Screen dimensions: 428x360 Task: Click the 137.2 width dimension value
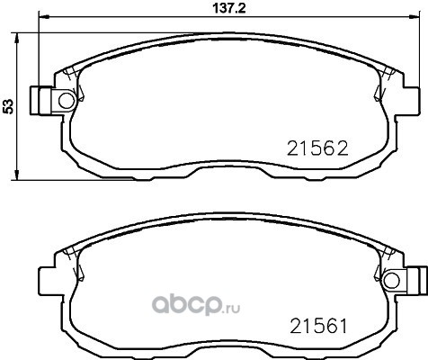(229, 8)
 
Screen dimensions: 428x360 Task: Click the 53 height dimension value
(8, 106)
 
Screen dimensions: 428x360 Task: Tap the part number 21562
(317, 148)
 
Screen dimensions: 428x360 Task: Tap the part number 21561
(318, 326)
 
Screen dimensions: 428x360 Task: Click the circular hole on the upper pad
(67, 101)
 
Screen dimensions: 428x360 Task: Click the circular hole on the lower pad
(392, 281)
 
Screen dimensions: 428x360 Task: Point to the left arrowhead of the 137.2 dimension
(42, 17)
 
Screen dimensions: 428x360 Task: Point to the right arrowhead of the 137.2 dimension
(415, 17)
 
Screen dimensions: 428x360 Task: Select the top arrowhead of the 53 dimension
(17, 37)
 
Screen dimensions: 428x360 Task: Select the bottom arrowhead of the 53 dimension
(17, 176)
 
